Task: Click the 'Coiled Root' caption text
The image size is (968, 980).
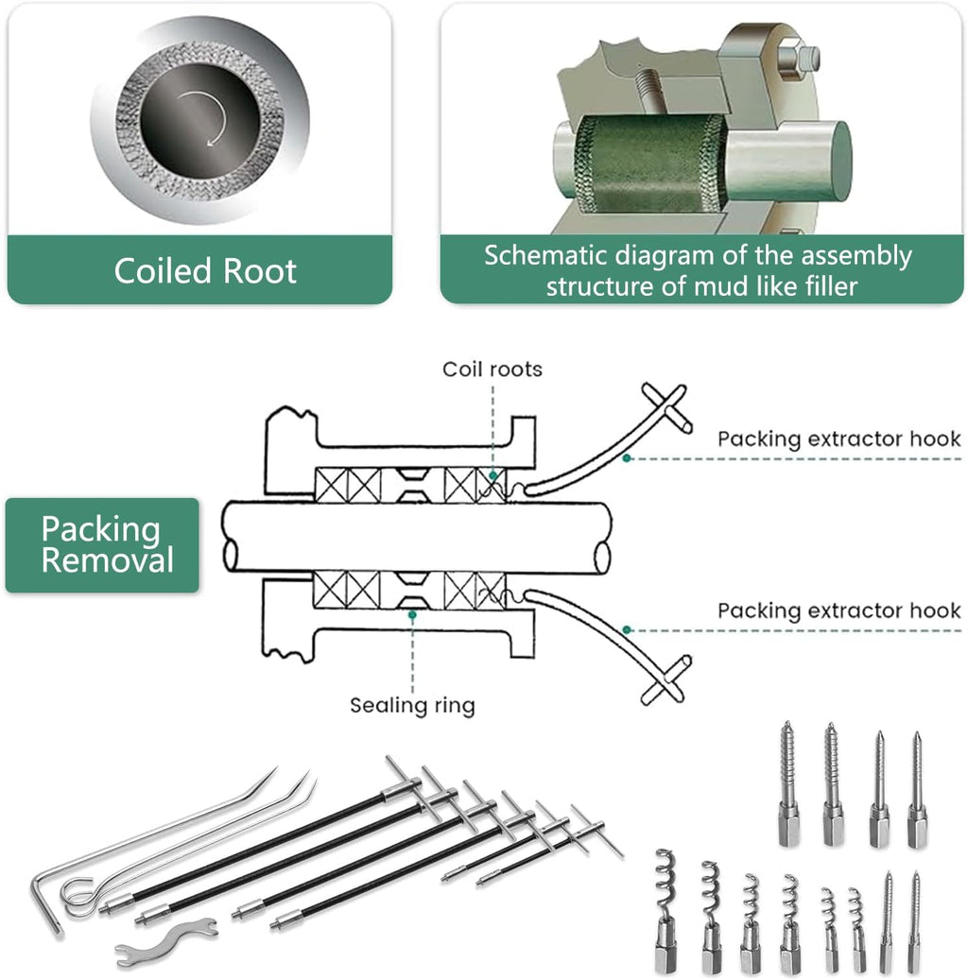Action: pyautogui.click(x=205, y=271)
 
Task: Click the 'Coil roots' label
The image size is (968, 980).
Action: pyautogui.click(x=493, y=369)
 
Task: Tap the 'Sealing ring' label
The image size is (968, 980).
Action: pyautogui.click(x=412, y=705)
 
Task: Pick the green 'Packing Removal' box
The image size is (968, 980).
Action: pyautogui.click(x=102, y=545)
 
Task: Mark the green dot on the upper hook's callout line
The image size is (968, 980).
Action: pyautogui.click(x=627, y=457)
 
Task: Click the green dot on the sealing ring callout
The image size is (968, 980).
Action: pyautogui.click(x=412, y=615)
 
